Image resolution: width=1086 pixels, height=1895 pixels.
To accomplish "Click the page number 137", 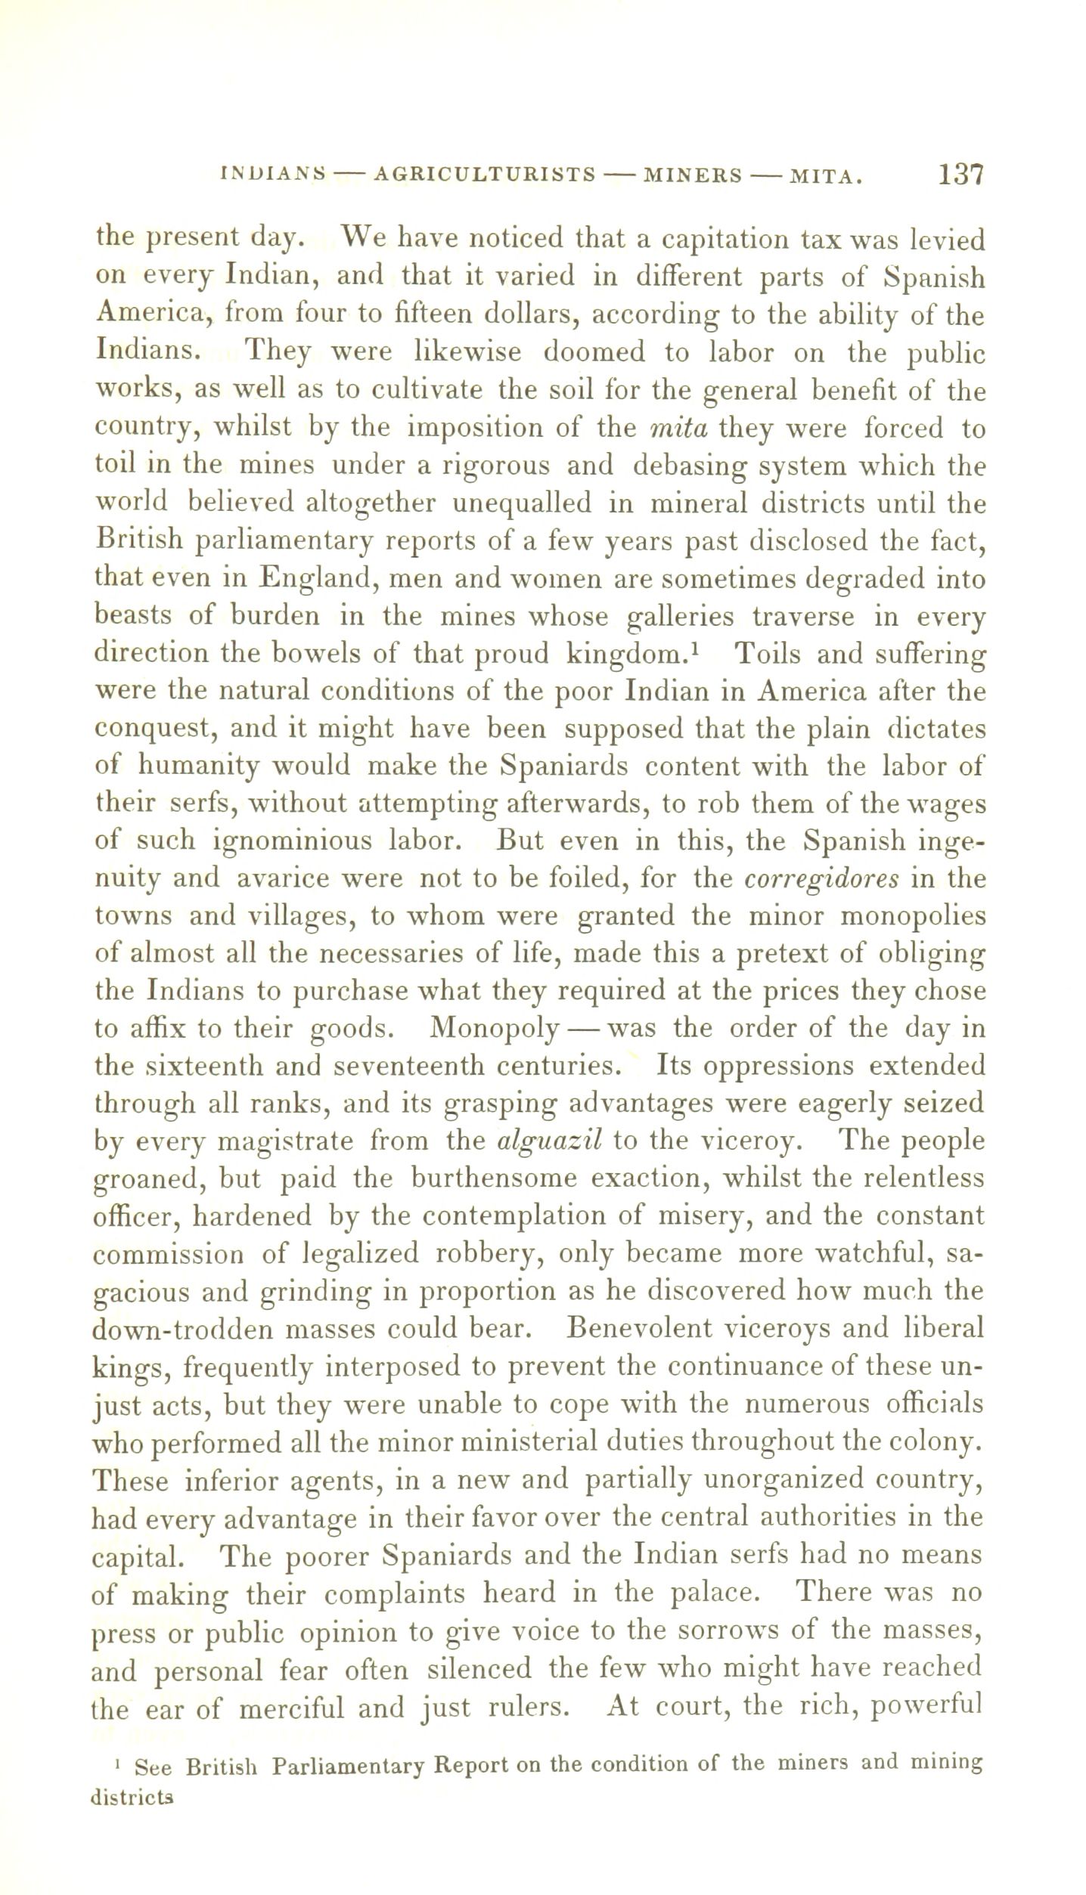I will point(960,175).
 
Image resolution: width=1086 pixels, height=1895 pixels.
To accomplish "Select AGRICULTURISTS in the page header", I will point(485,176).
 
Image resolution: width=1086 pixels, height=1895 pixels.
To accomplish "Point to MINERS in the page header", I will point(692,176).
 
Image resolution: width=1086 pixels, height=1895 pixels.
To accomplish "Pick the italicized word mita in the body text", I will point(678,429).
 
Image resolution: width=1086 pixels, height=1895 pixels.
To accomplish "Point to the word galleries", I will point(681,618).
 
